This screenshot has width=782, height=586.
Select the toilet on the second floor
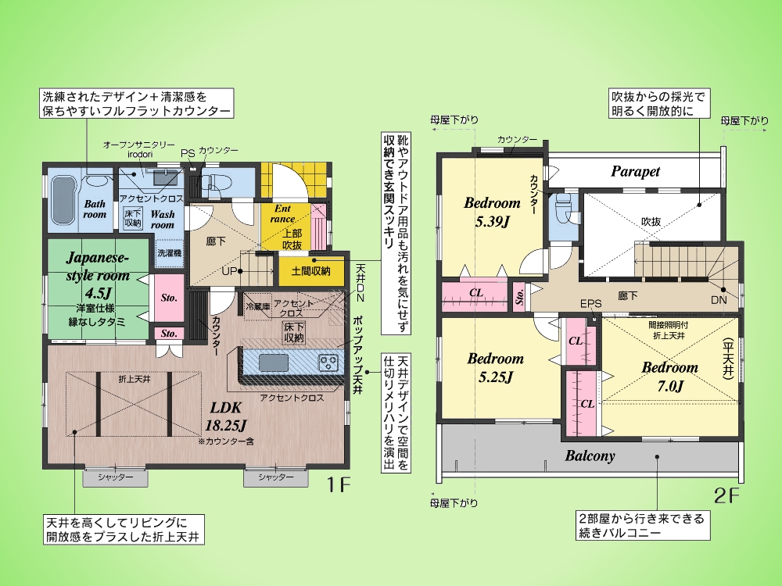pos(562,204)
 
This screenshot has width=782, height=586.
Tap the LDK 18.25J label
pos(226,416)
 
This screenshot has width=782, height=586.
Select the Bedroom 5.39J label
pos(492,211)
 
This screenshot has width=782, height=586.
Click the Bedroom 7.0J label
pos(670,377)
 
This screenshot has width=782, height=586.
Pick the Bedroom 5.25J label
pos(495,367)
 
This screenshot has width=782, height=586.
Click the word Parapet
pos(635,171)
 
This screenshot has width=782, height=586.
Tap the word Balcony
pos(590,456)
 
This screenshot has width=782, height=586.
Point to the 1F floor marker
pos(339,484)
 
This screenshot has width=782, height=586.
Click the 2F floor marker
pos(726,496)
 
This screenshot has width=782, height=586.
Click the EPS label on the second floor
pos(591,303)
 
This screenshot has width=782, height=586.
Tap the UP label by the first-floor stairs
pos(229,272)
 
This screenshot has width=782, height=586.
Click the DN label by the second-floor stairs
pos(719,299)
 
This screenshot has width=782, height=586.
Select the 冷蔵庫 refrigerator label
pos(257,307)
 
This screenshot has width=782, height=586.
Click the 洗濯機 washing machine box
pos(170,252)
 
